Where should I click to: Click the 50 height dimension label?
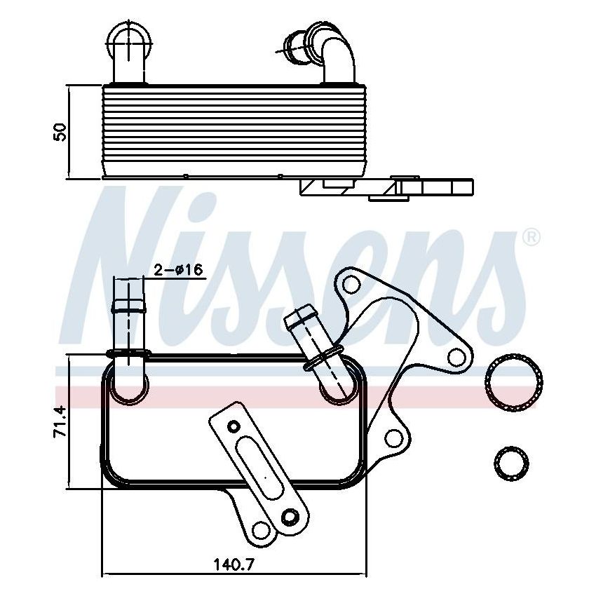pos(61,131)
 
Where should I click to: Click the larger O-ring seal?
pos(511,384)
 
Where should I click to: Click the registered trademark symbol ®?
pos(532,238)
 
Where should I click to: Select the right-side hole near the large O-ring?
pos(456,359)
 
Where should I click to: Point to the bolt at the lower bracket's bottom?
pos(289,518)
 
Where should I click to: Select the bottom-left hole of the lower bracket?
pos(262,530)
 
